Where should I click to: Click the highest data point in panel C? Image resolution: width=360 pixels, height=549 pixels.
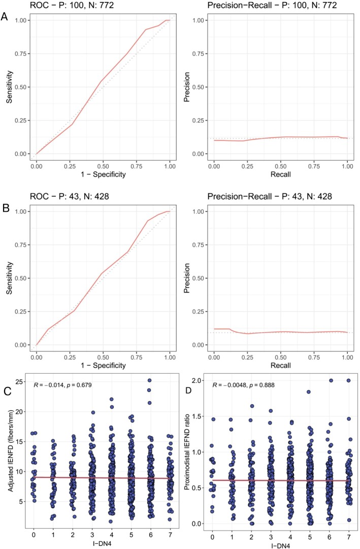tap(136, 380)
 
